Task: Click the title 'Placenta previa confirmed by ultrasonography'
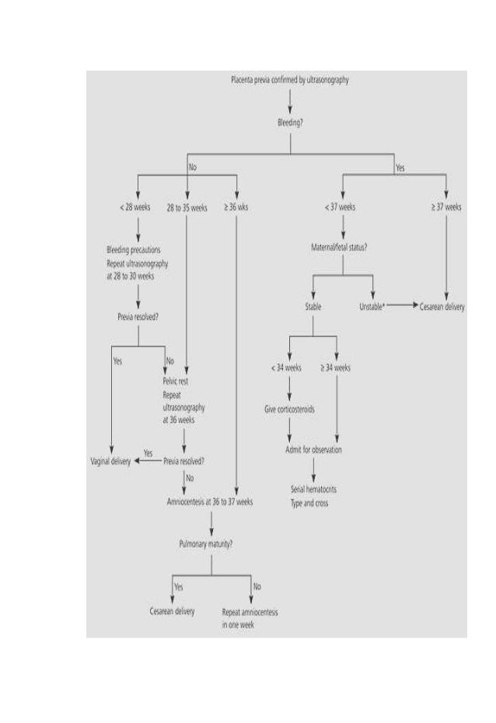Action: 290,80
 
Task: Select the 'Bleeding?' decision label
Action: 290,123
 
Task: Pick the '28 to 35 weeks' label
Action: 186,207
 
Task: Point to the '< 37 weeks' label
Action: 341,207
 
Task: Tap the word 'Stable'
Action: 313,307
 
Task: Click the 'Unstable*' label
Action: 372,307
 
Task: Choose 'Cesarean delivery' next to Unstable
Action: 442,307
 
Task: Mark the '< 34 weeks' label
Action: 287,367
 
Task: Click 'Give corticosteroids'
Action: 289,408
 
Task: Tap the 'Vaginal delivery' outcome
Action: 111,461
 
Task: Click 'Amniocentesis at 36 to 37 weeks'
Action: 210,502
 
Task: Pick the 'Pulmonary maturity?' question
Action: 211,544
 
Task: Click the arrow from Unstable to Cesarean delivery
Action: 400,307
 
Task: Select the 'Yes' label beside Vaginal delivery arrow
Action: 148,453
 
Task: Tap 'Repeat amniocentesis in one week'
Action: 250,617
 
